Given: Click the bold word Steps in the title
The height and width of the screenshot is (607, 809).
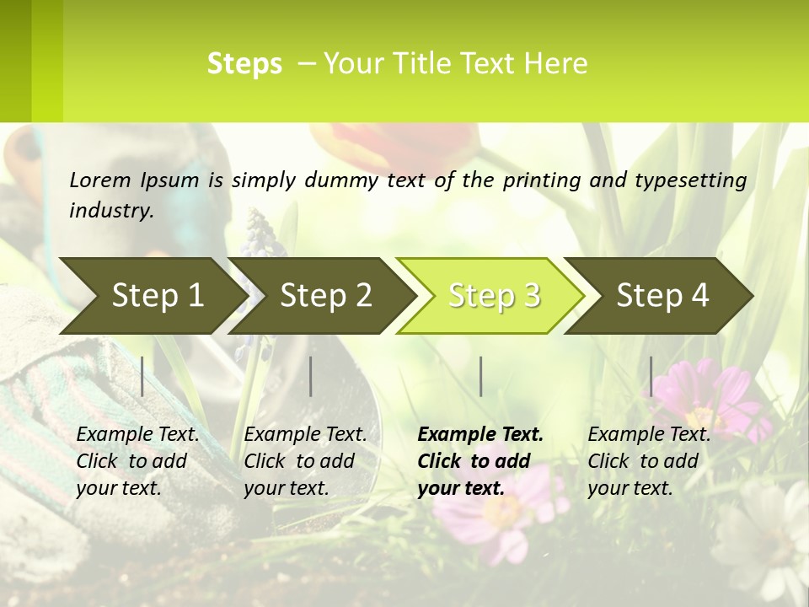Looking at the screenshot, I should (244, 64).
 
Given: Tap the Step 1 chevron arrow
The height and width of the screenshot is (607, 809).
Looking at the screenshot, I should (152, 295).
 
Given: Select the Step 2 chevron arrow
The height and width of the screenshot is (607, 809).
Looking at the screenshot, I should (324, 295).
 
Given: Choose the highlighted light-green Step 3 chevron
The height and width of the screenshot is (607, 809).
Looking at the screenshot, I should (493, 295).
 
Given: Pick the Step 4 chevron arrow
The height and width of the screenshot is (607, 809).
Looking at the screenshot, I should (662, 295).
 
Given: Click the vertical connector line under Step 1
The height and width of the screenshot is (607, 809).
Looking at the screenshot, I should (142, 376).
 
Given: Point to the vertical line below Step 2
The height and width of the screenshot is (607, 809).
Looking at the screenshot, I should (311, 376).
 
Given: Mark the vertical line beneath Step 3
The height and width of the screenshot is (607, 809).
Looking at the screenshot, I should (481, 376).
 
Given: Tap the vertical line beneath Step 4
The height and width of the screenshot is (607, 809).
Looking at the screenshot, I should (651, 376).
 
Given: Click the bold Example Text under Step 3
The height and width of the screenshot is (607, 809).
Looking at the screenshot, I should (480, 461).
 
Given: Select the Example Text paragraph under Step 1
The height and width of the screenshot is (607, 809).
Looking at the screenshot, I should (137, 461).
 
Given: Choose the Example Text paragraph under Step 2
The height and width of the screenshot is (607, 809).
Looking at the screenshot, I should (305, 461).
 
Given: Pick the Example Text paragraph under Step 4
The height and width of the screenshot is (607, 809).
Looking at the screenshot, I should (649, 461).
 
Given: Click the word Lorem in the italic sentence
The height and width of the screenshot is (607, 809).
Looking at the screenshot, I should (99, 180).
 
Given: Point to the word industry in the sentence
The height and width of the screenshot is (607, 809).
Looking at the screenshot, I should (110, 211).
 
